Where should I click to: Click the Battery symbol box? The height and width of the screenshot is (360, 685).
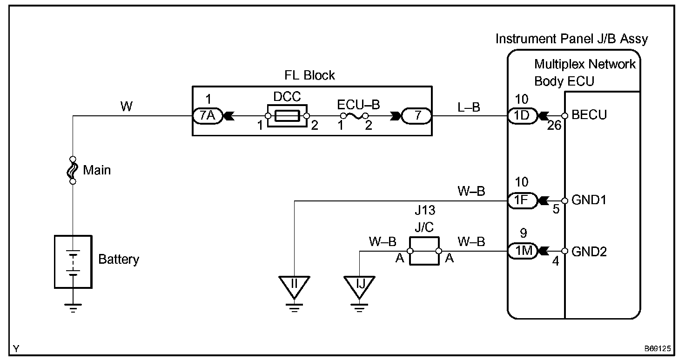tap(73, 261)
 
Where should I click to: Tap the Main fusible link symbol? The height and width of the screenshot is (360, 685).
tap(73, 170)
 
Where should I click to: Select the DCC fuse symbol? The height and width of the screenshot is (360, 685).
tap(287, 116)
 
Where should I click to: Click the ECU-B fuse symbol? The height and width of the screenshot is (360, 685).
tap(355, 116)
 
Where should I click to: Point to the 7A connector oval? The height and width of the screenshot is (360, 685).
tap(208, 116)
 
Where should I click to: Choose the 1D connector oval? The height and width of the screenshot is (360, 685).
tap(522, 116)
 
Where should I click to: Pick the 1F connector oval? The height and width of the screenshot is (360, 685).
tap(522, 200)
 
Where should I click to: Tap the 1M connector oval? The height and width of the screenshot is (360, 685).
tap(522, 251)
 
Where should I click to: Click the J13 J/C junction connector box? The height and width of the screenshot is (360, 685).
tap(424, 251)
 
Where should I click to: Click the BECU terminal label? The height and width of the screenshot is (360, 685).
tap(589, 115)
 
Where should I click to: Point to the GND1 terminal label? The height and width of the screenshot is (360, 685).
tap(589, 200)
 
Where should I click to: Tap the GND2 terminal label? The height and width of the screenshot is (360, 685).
tap(589, 252)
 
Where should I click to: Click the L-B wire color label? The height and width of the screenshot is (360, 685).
tap(469, 107)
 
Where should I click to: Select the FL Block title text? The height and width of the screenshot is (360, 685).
tap(309, 75)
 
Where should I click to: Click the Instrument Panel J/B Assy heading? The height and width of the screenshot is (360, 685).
tap(571, 39)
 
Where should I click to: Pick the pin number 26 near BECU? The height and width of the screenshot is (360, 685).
tap(554, 126)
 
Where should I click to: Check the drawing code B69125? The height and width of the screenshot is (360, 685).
tap(658, 349)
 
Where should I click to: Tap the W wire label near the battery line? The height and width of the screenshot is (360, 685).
tap(126, 107)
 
